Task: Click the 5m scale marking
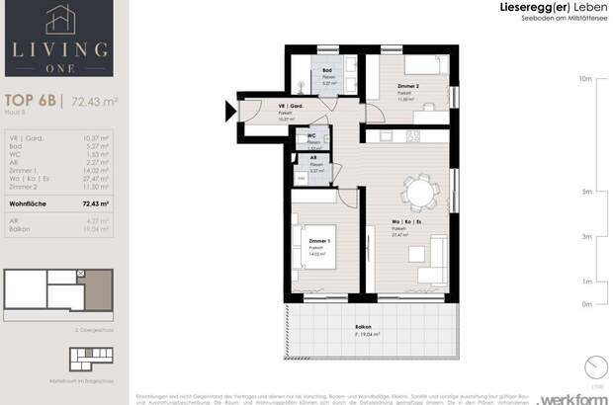click(585, 192)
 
